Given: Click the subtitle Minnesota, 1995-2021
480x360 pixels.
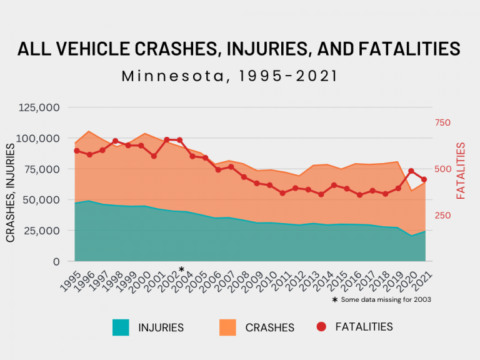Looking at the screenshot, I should click(229, 76).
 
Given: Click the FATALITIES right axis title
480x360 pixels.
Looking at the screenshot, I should click(461, 171).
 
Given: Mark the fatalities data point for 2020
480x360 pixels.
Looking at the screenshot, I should click(411, 171).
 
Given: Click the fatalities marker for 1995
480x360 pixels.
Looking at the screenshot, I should click(77, 151).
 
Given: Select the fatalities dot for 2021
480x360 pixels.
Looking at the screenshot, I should click(424, 179).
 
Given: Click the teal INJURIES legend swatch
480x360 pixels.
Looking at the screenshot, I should click(121, 327).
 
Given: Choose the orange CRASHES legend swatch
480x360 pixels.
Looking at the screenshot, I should click(228, 327).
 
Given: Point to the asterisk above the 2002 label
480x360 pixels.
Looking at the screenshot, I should click(181, 269).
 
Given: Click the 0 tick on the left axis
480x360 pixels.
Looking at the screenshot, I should click(56, 261).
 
